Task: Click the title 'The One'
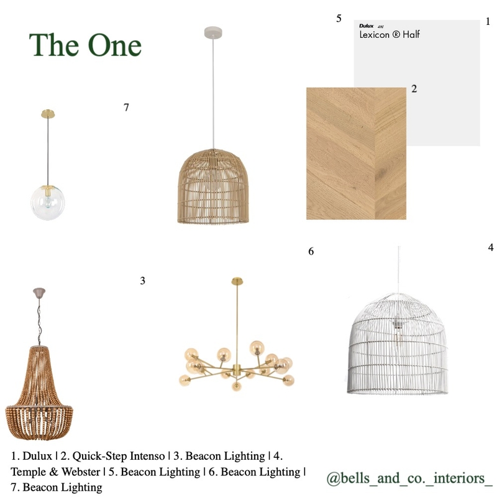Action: pyautogui.click(x=85, y=45)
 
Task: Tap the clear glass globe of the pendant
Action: pyautogui.click(x=48, y=203)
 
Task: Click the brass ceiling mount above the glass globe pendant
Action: pyautogui.click(x=48, y=114)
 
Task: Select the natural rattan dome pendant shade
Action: pyautogui.click(x=213, y=186)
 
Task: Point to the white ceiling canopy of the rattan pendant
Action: pyautogui.click(x=213, y=32)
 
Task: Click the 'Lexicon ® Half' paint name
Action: pyautogui.click(x=390, y=34)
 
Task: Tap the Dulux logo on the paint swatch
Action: pyautogui.click(x=367, y=25)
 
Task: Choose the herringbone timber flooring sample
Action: pyautogui.click(x=356, y=153)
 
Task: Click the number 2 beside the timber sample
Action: pyautogui.click(x=414, y=89)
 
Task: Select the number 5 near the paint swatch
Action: pyautogui.click(x=339, y=19)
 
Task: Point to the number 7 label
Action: pyautogui.click(x=126, y=107)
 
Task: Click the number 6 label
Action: pyautogui.click(x=311, y=252)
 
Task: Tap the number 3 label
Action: pyautogui.click(x=143, y=281)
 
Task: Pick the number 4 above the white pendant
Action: pyautogui.click(x=491, y=247)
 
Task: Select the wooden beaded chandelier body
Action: pyautogui.click(x=39, y=393)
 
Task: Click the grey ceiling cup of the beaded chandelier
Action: pyautogui.click(x=39, y=291)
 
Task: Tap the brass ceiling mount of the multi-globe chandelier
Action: pyautogui.click(x=237, y=281)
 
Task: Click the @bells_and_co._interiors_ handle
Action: pyautogui.click(x=409, y=478)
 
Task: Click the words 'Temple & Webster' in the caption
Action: pyautogui.click(x=55, y=472)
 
